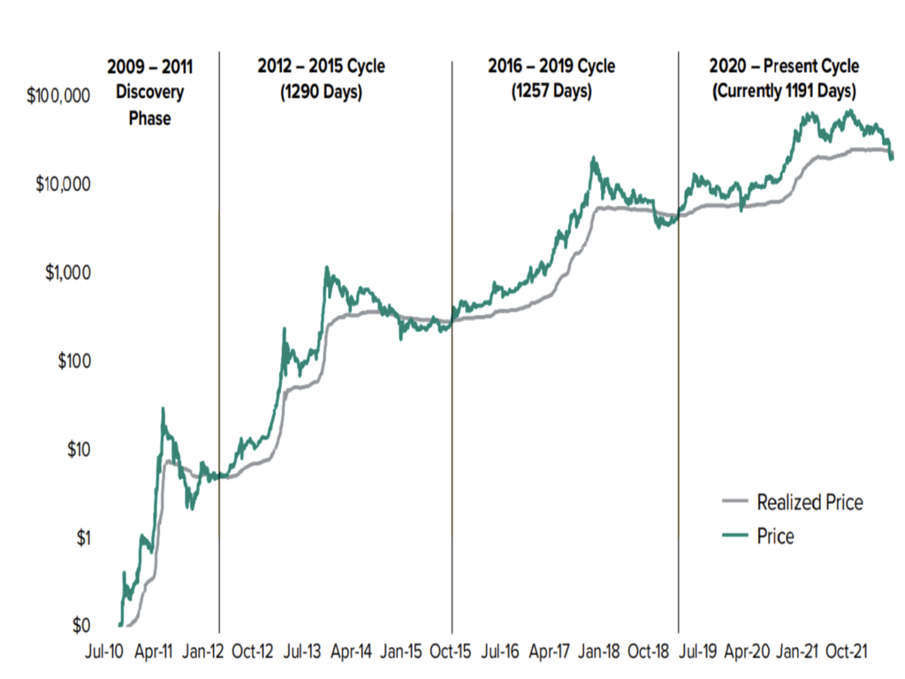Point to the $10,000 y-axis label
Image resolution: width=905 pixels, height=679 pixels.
[x=65, y=185]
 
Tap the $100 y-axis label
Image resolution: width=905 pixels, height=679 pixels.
[x=73, y=362]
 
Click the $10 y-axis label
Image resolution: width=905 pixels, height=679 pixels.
[x=78, y=450]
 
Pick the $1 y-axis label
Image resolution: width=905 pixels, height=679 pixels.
[x=81, y=538]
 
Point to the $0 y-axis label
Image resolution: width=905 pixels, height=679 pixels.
[x=81, y=626]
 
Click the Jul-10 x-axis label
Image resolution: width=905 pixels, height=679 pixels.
[x=103, y=652]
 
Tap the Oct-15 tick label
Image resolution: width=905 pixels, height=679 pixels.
[x=451, y=652]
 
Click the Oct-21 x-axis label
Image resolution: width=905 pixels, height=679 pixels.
[x=847, y=652]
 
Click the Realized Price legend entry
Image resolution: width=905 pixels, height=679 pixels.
[x=810, y=503]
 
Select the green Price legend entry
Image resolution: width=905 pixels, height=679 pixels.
[x=775, y=536]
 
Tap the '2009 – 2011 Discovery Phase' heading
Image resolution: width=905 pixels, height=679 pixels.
[x=149, y=92]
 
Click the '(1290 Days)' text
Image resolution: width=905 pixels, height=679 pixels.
[x=321, y=91]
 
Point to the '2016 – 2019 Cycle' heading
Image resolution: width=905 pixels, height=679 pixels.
[x=551, y=67]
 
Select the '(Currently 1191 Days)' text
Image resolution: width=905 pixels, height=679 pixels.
[x=784, y=91]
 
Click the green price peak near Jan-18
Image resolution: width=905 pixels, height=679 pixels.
[x=593, y=158]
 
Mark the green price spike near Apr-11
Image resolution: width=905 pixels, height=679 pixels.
[x=163, y=408]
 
